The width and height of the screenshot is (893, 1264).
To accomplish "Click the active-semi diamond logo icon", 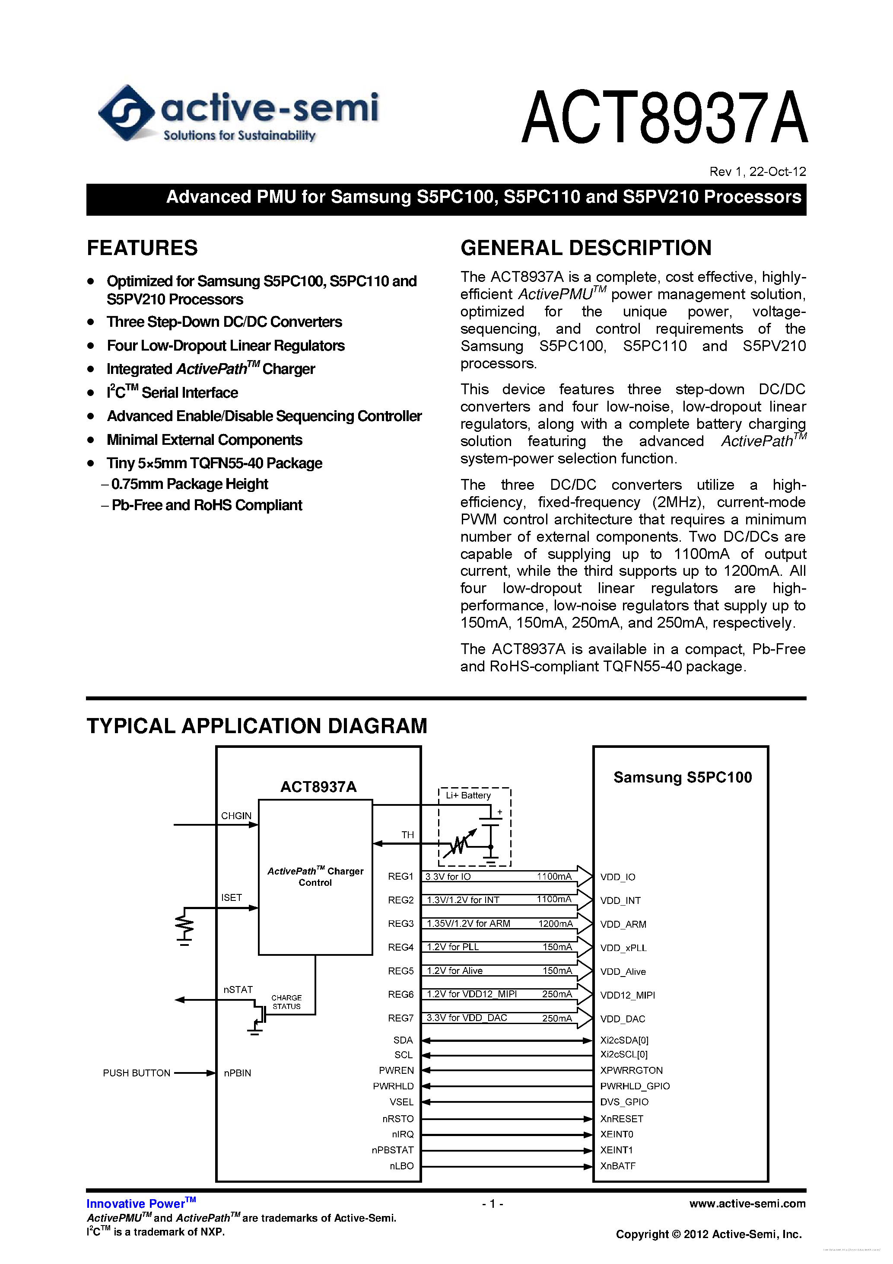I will point(126,113).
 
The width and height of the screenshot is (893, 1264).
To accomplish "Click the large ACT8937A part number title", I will point(664,118).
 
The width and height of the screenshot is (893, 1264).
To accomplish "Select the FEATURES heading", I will point(142,248).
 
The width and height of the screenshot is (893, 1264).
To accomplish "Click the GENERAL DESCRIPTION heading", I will point(585,248).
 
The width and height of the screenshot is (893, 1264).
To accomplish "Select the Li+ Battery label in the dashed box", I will point(468,795).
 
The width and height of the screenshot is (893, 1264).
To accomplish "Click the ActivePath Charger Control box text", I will point(315,876).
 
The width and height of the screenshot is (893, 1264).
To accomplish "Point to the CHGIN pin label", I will point(236,816).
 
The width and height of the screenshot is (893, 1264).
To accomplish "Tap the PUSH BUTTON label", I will point(137,1073).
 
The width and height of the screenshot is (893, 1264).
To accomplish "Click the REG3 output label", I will point(400,923).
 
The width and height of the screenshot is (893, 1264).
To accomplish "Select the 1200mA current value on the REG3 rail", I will point(555,924).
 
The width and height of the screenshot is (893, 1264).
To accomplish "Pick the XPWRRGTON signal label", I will point(631,1070).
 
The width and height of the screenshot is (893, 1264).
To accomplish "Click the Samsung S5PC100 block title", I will point(682,777).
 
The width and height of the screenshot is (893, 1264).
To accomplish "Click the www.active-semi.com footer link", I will point(747,1204).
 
